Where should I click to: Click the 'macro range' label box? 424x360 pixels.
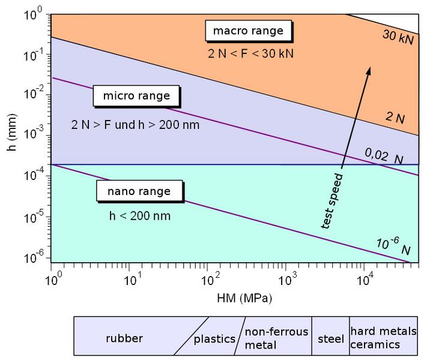coord(249,31)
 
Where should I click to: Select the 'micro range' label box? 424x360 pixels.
coord(131,96)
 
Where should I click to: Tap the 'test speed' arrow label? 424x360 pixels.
coord(332,201)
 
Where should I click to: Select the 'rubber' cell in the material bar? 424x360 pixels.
coord(123,338)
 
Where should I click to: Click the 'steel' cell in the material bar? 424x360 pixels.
coord(330,338)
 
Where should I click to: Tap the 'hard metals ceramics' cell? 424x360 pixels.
coord(383,338)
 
